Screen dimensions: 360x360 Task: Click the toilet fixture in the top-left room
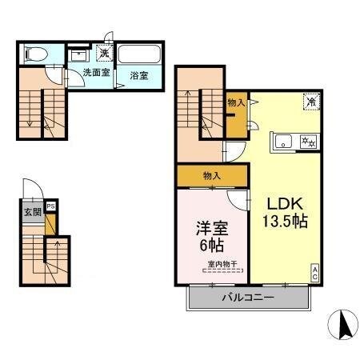pyautogui.click(x=34, y=54)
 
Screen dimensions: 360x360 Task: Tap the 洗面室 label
pyautogui.click(x=97, y=77)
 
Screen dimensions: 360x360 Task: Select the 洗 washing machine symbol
pyautogui.click(x=104, y=54)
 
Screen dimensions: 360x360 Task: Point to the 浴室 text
pyautogui.click(x=139, y=77)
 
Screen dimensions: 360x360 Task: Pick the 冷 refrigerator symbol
pyautogui.click(x=309, y=102)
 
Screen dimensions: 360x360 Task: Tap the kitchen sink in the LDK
pyautogui.click(x=284, y=142)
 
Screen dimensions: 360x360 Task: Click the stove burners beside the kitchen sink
pyautogui.click(x=308, y=142)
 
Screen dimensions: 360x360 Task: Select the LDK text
pyautogui.click(x=282, y=202)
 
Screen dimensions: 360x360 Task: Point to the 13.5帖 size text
pyautogui.click(x=282, y=220)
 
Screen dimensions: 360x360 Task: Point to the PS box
pyautogui.click(x=51, y=206)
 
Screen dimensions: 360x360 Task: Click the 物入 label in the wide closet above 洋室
pyautogui.click(x=212, y=175)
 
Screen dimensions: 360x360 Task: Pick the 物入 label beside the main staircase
pyautogui.click(x=236, y=102)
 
